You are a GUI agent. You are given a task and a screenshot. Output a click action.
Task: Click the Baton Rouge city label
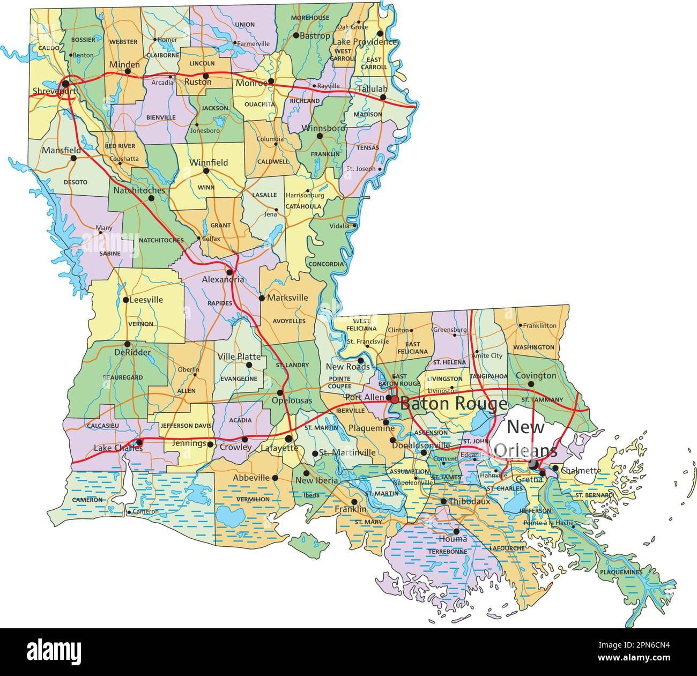point(454,404)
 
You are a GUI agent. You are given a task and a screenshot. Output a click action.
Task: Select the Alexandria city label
point(223,280)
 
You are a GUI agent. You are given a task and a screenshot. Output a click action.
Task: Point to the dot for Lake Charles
point(139,442)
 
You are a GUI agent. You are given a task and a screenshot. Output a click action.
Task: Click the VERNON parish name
point(140,324)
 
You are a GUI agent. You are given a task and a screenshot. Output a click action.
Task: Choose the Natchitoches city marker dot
point(151,198)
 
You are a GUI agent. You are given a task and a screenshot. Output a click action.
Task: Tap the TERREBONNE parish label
point(447,551)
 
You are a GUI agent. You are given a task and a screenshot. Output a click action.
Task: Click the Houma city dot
point(456,531)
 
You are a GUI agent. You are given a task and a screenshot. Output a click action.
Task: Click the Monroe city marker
point(271,81)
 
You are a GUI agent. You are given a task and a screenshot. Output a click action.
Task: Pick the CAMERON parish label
point(88,500)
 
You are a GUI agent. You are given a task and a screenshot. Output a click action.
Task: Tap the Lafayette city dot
point(289,439)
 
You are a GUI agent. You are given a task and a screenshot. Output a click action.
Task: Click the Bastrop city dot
point(296,35)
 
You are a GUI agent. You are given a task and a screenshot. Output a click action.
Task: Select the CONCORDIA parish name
point(326,264)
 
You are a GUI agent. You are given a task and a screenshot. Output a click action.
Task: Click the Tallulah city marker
point(383,98)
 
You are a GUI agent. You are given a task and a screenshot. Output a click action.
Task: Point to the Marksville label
point(287,298)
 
